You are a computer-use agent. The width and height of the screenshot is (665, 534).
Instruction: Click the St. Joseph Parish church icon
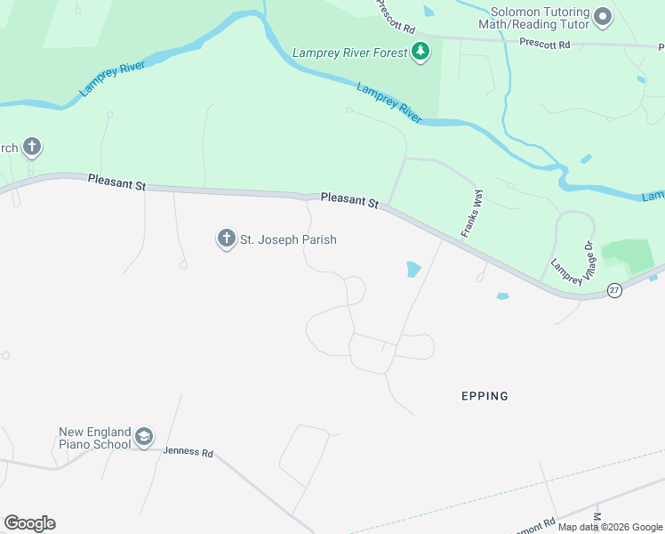pyautogui.click(x=226, y=239)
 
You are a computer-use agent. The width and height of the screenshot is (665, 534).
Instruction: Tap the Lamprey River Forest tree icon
pyautogui.click(x=421, y=53)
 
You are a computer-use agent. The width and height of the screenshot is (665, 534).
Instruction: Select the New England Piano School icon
pyautogui.click(x=144, y=437)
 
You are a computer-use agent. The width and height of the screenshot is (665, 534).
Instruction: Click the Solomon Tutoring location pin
pyautogui.click(x=604, y=17)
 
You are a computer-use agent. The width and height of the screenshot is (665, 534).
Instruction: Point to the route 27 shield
pyautogui.click(x=614, y=291)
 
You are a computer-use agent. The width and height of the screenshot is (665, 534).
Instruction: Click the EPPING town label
pyautogui.click(x=485, y=396)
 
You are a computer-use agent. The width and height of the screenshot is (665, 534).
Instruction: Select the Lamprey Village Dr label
pyautogui.click(x=572, y=261)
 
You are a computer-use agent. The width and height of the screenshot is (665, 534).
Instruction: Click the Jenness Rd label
pyautogui.click(x=188, y=452)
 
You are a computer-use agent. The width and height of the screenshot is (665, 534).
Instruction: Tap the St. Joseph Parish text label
pyautogui.click(x=288, y=239)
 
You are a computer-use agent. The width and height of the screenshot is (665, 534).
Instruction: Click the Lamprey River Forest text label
pyautogui.click(x=349, y=53)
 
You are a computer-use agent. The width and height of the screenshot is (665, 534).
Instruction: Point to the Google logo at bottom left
pyautogui.click(x=29, y=523)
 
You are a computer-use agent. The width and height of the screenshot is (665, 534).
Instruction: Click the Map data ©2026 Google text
pyautogui.click(x=610, y=527)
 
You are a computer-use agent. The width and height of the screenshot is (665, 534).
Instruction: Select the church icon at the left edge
pyautogui.click(x=32, y=147)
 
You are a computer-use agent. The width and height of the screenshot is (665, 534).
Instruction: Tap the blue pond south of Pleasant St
pyautogui.click(x=413, y=269)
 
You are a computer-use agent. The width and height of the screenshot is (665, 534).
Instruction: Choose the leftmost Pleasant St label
pyautogui.click(x=116, y=182)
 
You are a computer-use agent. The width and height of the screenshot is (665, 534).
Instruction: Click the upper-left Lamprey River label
pyautogui.click(x=111, y=77)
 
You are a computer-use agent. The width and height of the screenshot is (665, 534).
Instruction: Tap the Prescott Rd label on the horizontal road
pyautogui.click(x=546, y=43)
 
